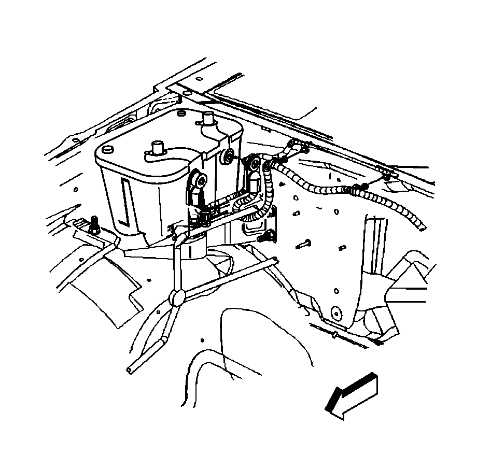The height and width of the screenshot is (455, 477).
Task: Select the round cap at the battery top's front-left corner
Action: pos(108,149)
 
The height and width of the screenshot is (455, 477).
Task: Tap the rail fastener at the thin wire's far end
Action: pos(387,177)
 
